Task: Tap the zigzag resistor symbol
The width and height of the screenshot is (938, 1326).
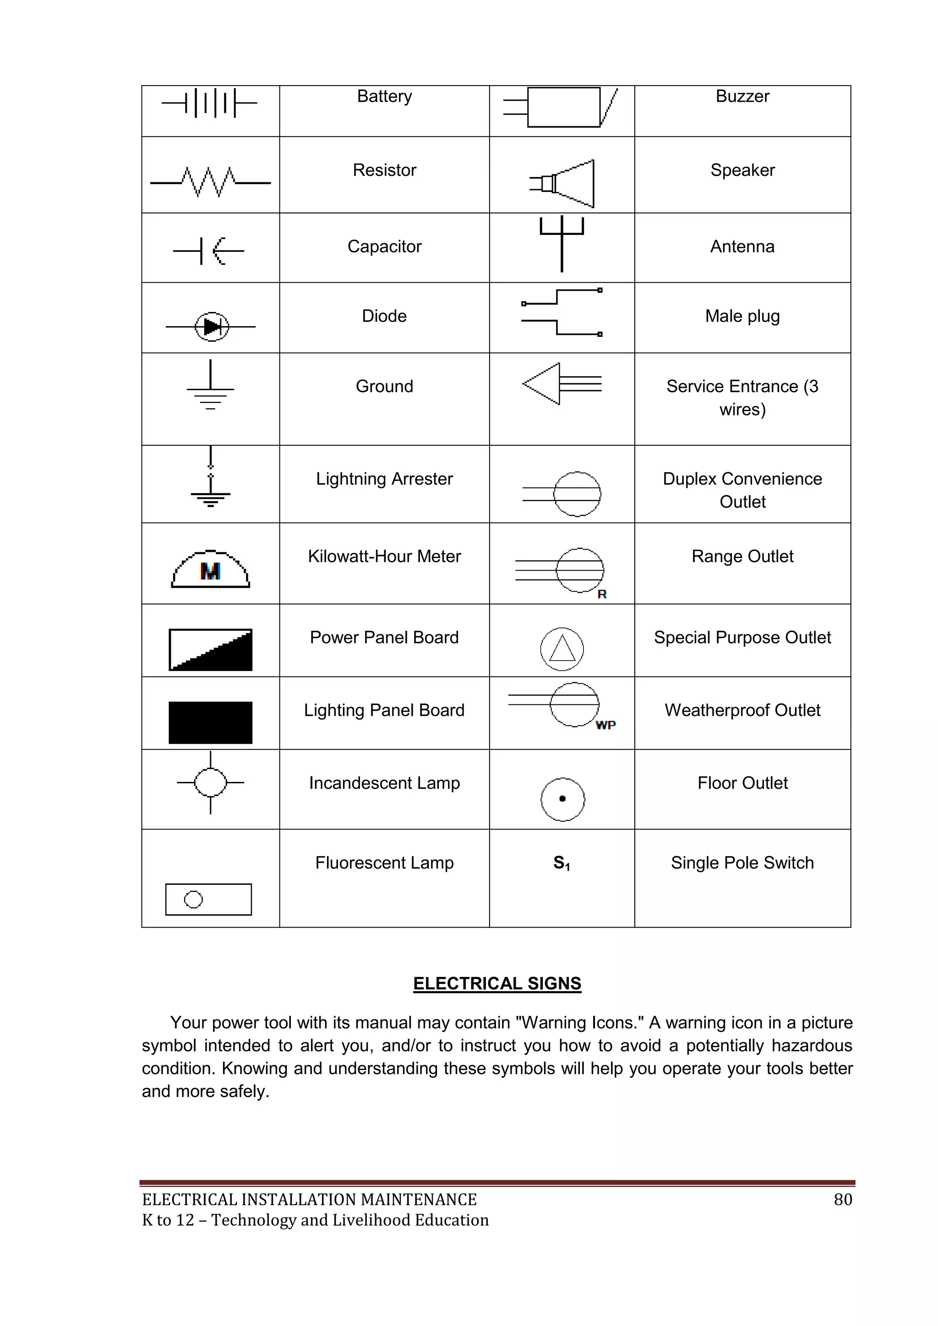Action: tap(210, 182)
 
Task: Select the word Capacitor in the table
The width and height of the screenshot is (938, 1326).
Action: tap(384, 246)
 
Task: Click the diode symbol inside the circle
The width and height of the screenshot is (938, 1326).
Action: tap(212, 327)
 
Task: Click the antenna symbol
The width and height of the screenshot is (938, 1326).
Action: tap(562, 243)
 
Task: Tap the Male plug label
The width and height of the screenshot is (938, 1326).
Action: tap(742, 316)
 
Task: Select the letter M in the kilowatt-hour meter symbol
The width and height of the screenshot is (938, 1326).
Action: tap(210, 571)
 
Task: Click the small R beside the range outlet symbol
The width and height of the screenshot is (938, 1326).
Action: tap(602, 594)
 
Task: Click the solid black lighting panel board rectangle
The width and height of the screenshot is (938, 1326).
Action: tap(210, 722)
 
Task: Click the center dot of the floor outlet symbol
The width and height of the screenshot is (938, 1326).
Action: tap(562, 799)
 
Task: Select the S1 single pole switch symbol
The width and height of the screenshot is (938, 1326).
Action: tap(562, 863)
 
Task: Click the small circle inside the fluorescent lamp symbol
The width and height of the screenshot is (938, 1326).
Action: tap(193, 899)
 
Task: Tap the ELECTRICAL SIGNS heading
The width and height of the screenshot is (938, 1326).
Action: tap(497, 983)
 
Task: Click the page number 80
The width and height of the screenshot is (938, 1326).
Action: tap(843, 1200)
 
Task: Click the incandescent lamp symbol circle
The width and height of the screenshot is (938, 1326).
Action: tap(211, 783)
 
